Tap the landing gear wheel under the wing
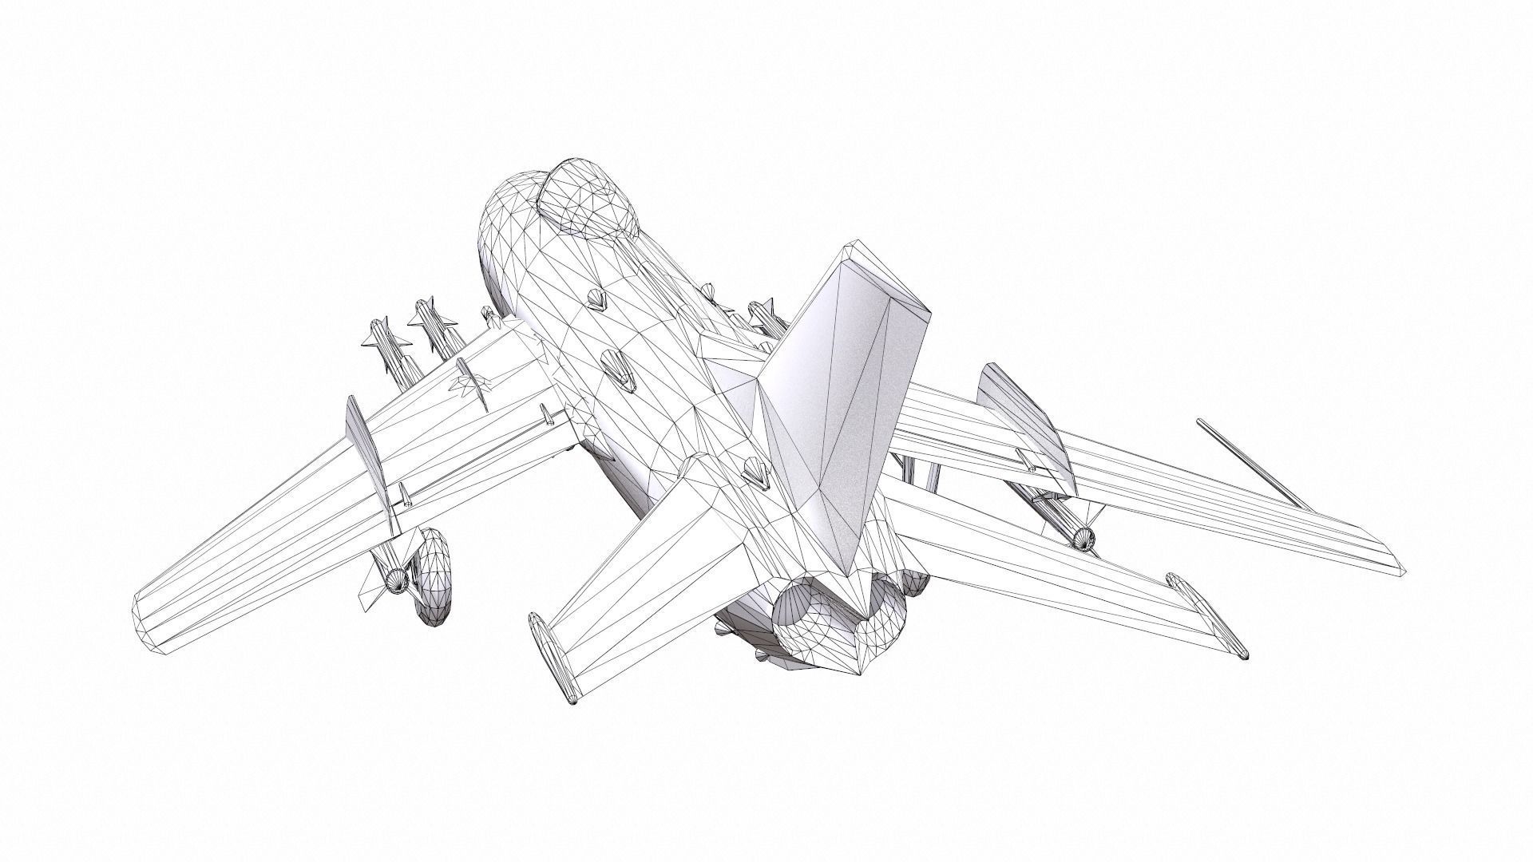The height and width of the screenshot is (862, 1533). click(x=434, y=576)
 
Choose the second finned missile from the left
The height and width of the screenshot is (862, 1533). click(x=435, y=324)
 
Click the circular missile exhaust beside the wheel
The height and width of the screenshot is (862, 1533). click(x=395, y=579)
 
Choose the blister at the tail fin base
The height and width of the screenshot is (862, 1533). click(x=754, y=474)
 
